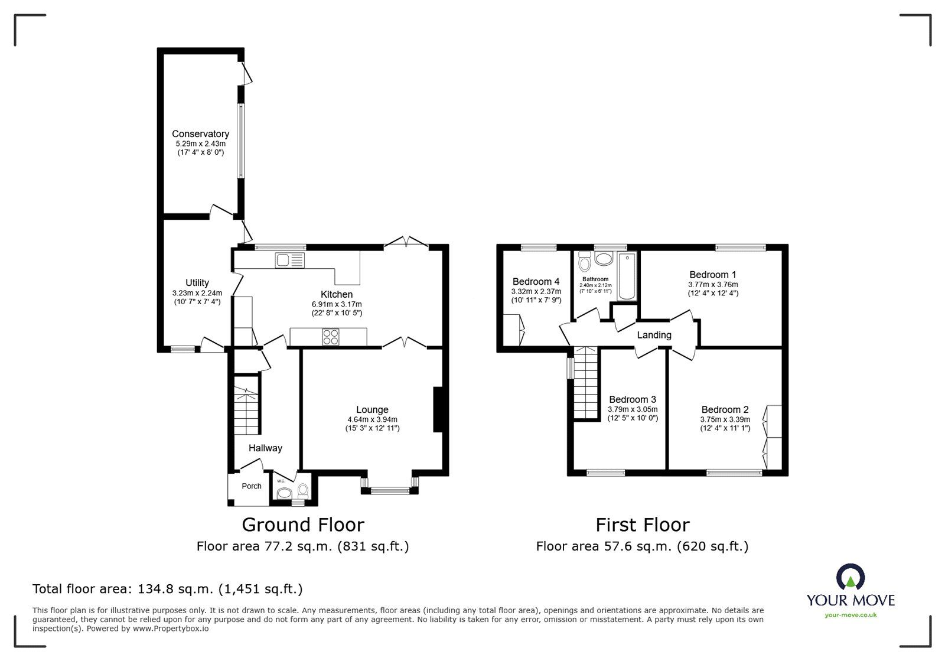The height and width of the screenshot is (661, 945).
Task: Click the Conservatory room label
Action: (x=200, y=134)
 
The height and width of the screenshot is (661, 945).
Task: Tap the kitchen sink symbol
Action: (x=289, y=260)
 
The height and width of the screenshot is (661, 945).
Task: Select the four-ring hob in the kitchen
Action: (x=331, y=337)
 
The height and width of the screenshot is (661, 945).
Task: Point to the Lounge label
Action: (x=372, y=409)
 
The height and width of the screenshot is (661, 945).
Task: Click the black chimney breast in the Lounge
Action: (x=438, y=409)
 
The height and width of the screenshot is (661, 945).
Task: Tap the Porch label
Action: (x=252, y=486)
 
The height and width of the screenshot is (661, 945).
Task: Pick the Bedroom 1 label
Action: (x=712, y=275)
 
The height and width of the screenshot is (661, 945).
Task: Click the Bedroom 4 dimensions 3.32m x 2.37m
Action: (x=536, y=291)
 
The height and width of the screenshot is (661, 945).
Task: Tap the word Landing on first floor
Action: (x=654, y=335)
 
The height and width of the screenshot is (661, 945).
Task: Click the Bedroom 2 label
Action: (x=725, y=409)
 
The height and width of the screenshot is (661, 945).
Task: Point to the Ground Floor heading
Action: (x=303, y=525)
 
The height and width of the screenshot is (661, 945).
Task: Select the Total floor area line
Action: (x=168, y=589)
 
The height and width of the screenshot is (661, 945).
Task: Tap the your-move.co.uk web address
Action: (x=850, y=615)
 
